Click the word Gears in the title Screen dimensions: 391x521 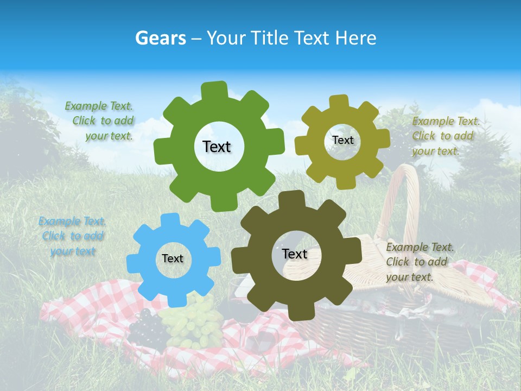coord(160,38)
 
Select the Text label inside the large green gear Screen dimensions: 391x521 coord(217,147)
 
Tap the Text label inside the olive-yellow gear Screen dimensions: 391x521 coord(342,140)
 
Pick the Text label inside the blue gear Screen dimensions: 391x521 coord(173,258)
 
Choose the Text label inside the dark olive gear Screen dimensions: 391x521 coord(295,254)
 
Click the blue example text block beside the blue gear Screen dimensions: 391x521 coord(72,236)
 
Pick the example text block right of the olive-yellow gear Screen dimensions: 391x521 coord(445,136)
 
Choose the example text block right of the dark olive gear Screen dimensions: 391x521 coord(419,262)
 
